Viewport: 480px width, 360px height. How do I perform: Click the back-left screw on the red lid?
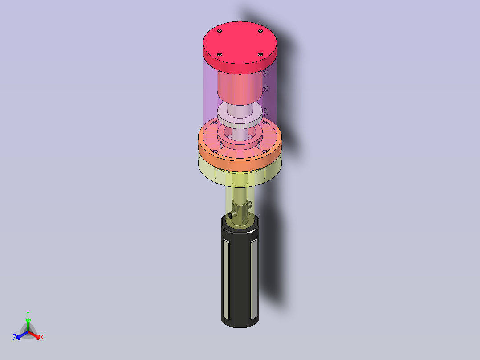[220, 31]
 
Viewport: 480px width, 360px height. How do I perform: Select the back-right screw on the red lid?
[260, 31]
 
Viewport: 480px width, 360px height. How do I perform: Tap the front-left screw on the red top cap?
[220, 54]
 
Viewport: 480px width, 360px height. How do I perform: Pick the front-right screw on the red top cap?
[260, 54]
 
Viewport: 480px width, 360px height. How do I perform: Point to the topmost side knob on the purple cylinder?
[265, 72]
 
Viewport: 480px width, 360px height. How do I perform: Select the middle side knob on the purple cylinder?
[265, 89]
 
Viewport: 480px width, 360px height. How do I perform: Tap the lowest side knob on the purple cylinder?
[265, 112]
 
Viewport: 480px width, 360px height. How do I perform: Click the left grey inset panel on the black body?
[226, 279]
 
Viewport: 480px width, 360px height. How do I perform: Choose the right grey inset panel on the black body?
[253, 279]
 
